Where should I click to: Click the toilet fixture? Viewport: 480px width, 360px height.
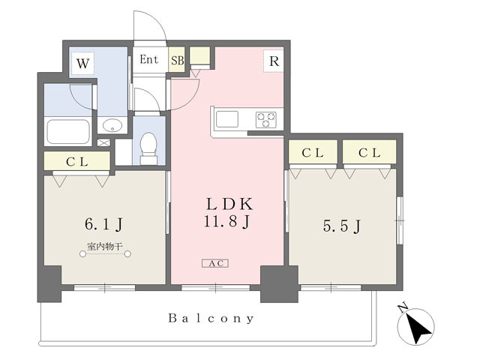pyautogui.click(x=148, y=148)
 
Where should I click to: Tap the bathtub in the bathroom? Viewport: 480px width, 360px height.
pyautogui.click(x=68, y=132)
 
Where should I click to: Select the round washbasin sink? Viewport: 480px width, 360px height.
pyautogui.click(x=112, y=125)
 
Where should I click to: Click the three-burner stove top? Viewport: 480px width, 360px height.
pyautogui.click(x=265, y=120)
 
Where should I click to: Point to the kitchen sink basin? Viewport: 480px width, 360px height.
pyautogui.click(x=226, y=119)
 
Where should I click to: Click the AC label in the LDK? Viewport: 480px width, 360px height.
pyautogui.click(x=215, y=263)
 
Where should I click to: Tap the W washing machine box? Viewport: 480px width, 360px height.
pyautogui.click(x=82, y=64)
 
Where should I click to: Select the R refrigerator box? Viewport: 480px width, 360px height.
pyautogui.click(x=273, y=61)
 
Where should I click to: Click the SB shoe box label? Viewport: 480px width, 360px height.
pyautogui.click(x=177, y=60)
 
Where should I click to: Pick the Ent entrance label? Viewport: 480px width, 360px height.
pyautogui.click(x=149, y=59)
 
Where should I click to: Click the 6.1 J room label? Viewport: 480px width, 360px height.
pyautogui.click(x=103, y=224)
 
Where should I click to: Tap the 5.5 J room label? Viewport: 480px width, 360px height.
pyautogui.click(x=342, y=226)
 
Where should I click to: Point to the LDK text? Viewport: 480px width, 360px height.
pyautogui.click(x=230, y=204)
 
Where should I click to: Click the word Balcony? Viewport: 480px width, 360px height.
pyautogui.click(x=211, y=319)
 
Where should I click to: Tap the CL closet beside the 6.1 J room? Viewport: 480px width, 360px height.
pyautogui.click(x=76, y=161)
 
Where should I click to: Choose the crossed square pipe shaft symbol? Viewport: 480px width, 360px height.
pyautogui.click(x=103, y=142)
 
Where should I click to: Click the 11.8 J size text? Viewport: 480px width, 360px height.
pyautogui.click(x=227, y=221)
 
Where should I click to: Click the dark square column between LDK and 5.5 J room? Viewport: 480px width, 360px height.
pyautogui.click(x=279, y=284)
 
